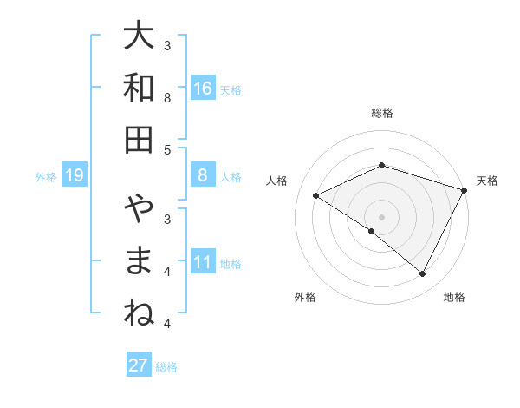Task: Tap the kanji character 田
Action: [139, 139]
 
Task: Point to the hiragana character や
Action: [139, 210]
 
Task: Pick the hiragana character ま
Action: [139, 261]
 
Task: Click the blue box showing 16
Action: [203, 89]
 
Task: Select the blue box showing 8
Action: [203, 175]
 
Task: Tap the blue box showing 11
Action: [203, 262]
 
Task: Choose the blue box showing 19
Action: [74, 176]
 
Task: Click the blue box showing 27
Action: [138, 365]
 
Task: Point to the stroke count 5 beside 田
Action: [168, 149]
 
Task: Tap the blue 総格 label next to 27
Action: [166, 366]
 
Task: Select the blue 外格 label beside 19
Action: [46, 177]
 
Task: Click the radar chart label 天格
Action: [487, 181]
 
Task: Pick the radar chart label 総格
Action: [381, 113]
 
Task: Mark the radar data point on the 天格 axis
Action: [465, 190]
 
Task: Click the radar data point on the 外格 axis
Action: [372, 232]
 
